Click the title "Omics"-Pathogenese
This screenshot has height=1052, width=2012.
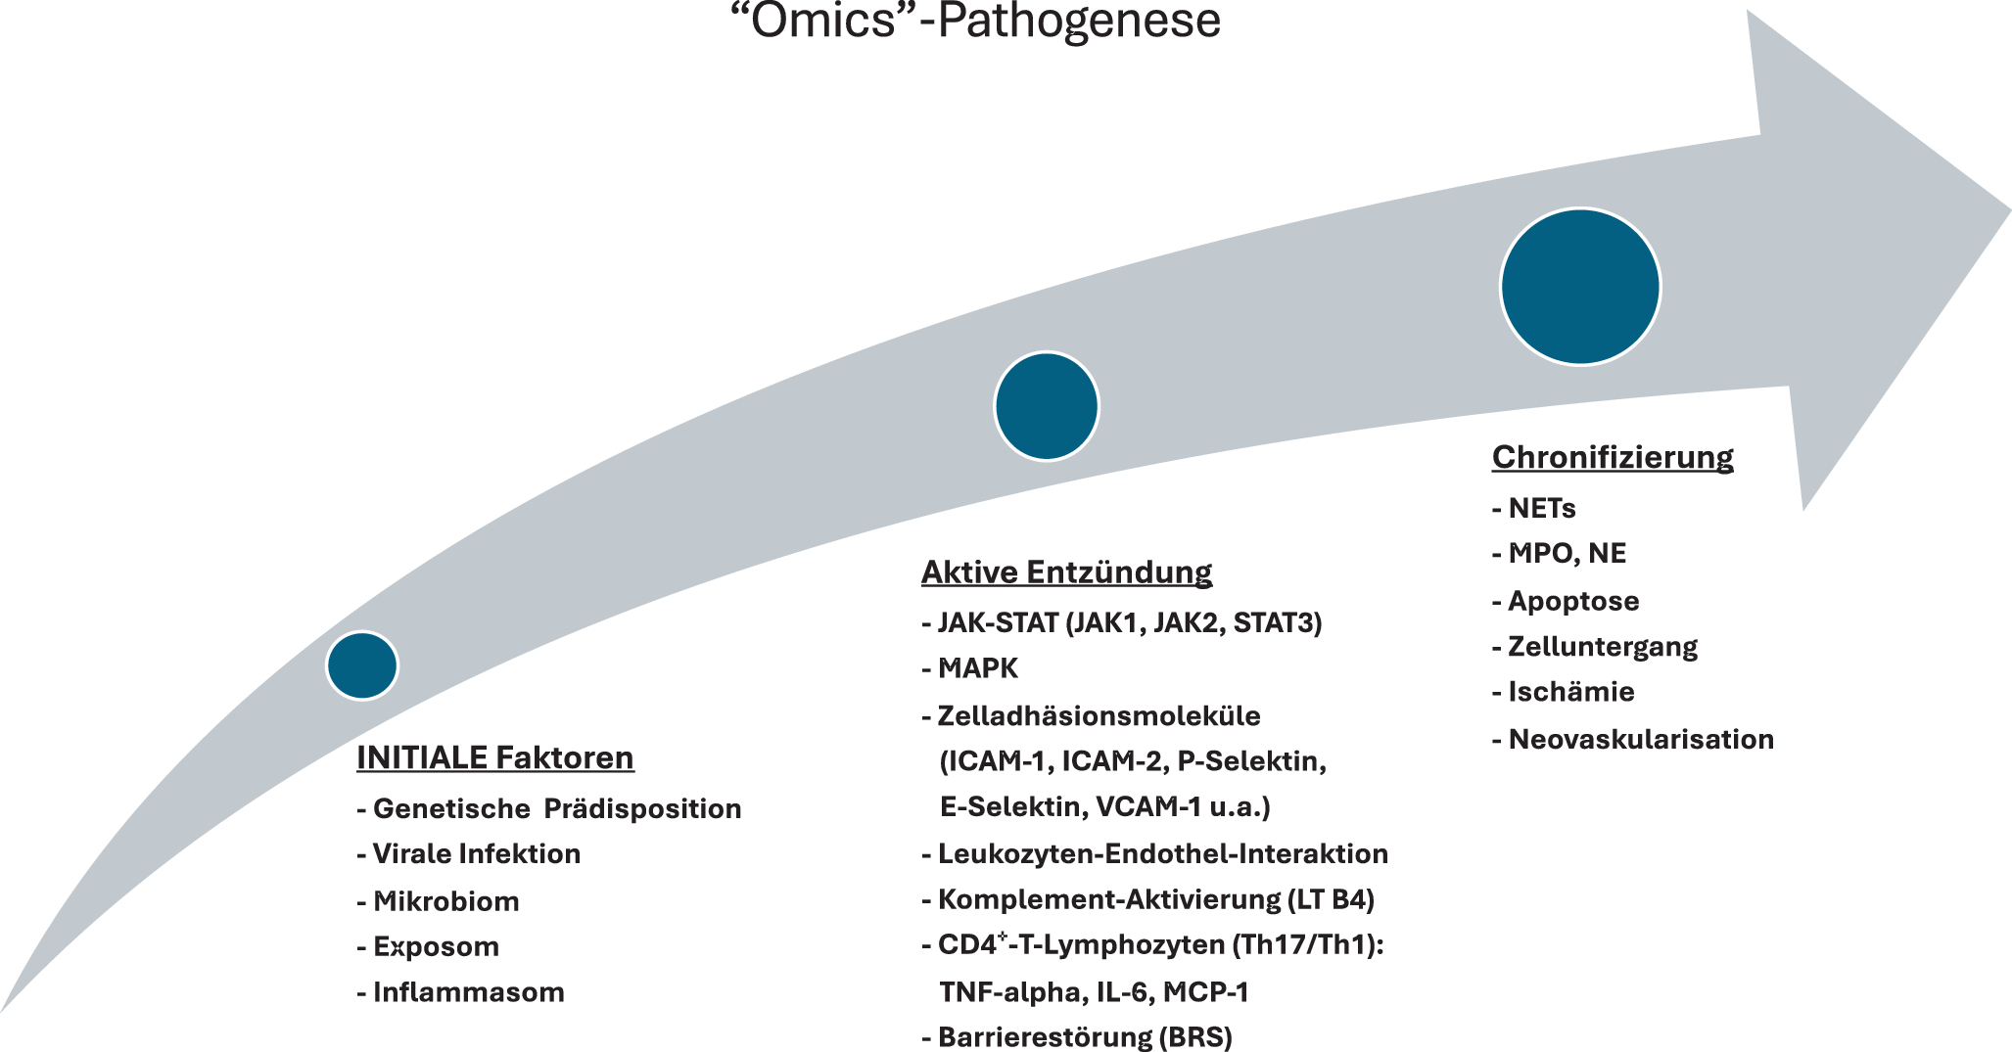tap(976, 22)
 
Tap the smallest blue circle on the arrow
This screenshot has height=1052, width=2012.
tap(362, 665)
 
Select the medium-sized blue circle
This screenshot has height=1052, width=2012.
tap(1047, 406)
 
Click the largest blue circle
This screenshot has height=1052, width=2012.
tap(1580, 287)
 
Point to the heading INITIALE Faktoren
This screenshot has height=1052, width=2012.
tap(495, 757)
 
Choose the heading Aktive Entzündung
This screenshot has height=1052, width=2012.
tap(1066, 572)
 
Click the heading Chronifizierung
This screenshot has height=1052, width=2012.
tap(1613, 456)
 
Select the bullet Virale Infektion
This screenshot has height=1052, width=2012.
tap(476, 853)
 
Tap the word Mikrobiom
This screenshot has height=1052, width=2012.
tap(445, 900)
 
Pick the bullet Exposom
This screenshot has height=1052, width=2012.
tap(436, 946)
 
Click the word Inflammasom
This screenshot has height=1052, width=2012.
tap(468, 992)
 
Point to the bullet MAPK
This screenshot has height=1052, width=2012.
tap(977, 668)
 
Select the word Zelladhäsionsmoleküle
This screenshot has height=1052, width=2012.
tap(1099, 715)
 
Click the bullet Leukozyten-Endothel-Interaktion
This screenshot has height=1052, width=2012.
tap(1162, 853)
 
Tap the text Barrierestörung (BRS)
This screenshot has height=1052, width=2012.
tap(1084, 1036)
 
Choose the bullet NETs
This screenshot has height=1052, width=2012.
tap(1541, 508)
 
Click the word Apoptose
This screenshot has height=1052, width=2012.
tap(1572, 601)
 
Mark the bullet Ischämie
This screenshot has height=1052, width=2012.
tap(1570, 692)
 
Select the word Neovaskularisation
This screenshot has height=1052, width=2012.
tap(1640, 739)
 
